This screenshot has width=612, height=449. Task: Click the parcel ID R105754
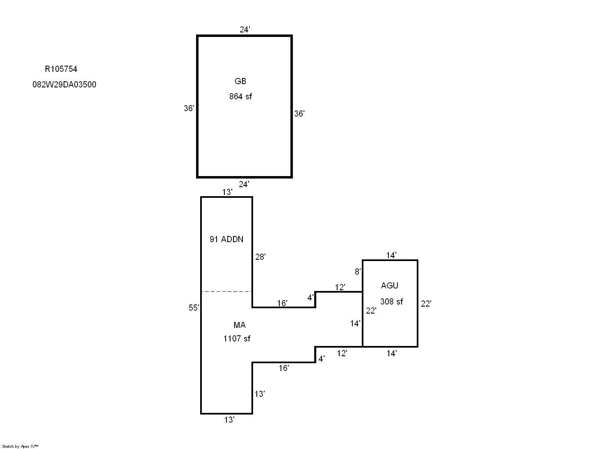pos(61,69)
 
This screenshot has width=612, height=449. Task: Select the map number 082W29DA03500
pos(64,85)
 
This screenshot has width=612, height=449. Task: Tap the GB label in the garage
pos(240,81)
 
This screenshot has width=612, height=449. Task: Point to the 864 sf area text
pos(240,96)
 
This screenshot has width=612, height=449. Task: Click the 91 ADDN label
pos(226,239)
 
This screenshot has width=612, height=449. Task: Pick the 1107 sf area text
pos(237,339)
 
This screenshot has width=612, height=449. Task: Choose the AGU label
pos(390,286)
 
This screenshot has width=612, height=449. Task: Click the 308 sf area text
pos(391,302)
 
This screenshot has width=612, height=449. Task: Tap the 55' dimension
pos(194,308)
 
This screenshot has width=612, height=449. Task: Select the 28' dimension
pos(260,257)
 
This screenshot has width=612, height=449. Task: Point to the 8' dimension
pos(358,272)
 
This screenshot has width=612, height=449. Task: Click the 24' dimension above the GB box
pos(245,30)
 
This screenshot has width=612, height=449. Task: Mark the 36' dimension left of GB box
pos(189,108)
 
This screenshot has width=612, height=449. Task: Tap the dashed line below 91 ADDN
pos(226,291)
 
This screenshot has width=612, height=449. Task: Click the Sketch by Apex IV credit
pos(20,446)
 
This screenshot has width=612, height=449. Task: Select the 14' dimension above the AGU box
pos(391,255)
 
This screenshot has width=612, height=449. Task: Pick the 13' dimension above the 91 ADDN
pos(227,192)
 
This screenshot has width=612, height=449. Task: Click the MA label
pos(240,325)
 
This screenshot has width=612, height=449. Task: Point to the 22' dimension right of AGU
pos(426,304)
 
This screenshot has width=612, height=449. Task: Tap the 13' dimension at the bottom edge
pos(230,420)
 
